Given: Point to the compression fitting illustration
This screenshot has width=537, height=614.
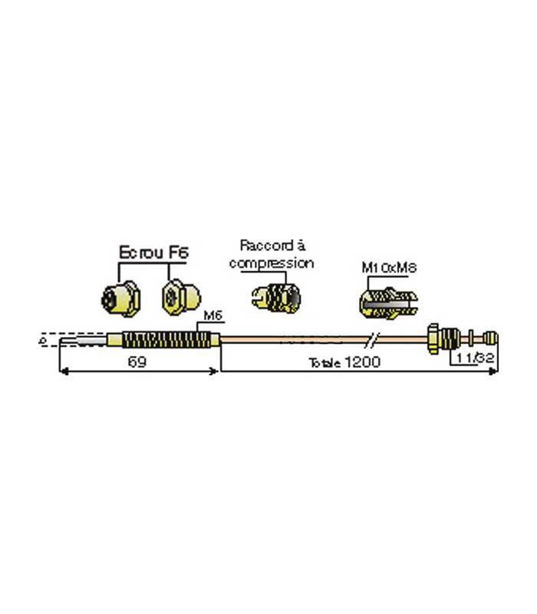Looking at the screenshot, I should [275, 295].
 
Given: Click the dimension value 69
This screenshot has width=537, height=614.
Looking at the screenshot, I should [137, 362].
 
